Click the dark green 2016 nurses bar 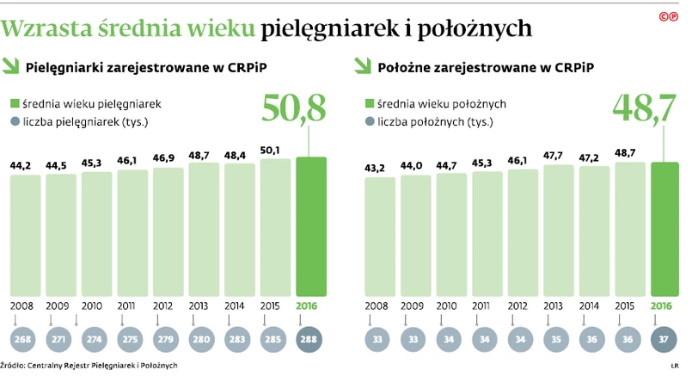311,225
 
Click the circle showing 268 25,340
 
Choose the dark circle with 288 311,340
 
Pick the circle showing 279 168,340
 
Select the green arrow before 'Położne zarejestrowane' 362,65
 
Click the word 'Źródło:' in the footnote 15,366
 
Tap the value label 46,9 168,158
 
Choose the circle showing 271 61,340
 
